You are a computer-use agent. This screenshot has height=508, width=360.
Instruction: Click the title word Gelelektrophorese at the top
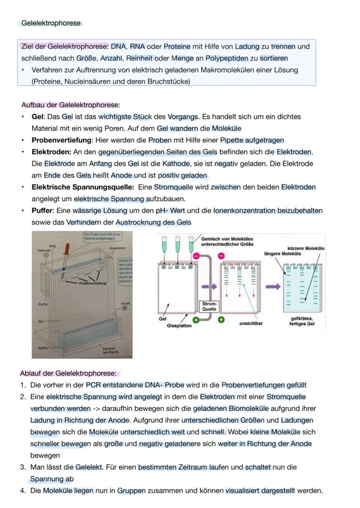51,23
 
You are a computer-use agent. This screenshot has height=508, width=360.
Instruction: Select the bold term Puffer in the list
42,211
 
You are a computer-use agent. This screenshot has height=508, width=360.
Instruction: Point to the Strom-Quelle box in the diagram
209,306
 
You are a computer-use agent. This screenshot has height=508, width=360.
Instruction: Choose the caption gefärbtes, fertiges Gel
303,322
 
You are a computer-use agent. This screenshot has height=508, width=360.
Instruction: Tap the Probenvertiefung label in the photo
92,283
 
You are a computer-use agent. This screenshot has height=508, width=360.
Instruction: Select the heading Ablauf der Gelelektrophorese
68,373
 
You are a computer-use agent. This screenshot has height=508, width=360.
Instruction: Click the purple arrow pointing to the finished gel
273,286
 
